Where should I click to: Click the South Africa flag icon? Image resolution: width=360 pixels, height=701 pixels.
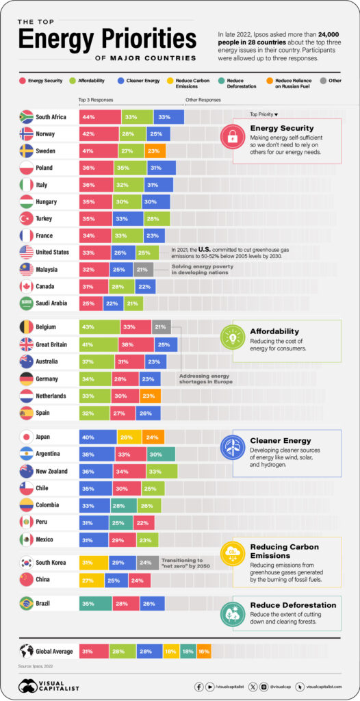coord(26,116)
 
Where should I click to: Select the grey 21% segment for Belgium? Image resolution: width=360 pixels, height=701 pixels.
coord(162,327)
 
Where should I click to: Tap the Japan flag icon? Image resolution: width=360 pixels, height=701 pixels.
coord(26,436)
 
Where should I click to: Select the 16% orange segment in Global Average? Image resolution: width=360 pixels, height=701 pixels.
coord(204,651)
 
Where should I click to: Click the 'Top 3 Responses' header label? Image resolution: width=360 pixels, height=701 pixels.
coord(95,100)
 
